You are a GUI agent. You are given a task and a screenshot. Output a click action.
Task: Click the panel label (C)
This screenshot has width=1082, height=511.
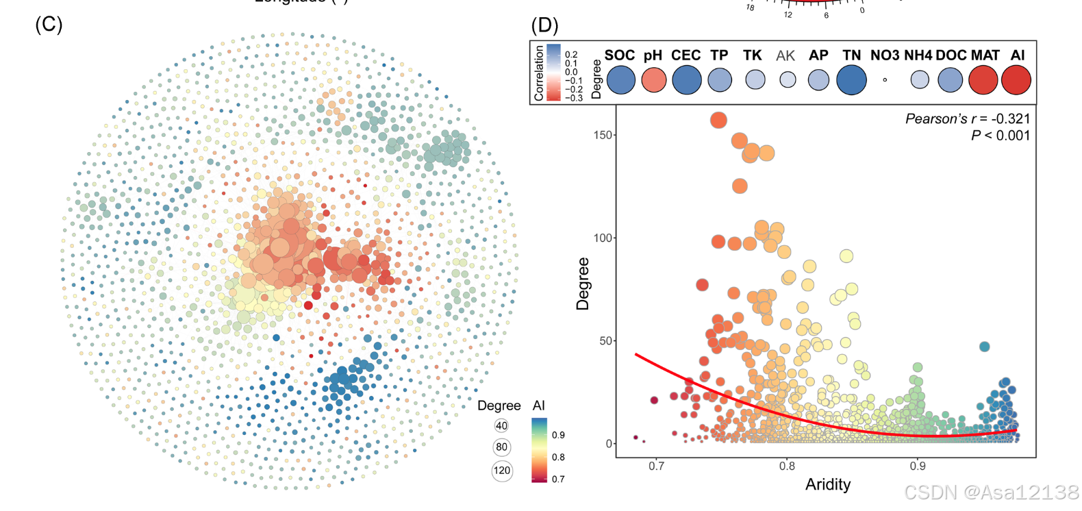pyautogui.click(x=49, y=25)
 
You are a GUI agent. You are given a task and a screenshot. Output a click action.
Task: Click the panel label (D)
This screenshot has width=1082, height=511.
pyautogui.click(x=544, y=25)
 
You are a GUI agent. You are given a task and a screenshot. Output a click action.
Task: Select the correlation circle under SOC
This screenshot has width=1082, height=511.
pyautogui.click(x=620, y=79)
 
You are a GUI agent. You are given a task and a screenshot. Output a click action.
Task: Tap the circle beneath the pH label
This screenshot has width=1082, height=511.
pyautogui.click(x=653, y=79)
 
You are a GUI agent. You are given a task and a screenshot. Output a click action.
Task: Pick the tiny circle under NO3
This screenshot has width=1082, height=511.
pyautogui.click(x=885, y=80)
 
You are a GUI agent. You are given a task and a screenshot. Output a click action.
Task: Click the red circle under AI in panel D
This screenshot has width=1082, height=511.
pyautogui.click(x=1016, y=79)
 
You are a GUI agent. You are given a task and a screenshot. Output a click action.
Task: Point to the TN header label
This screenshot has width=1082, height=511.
pyautogui.click(x=851, y=55)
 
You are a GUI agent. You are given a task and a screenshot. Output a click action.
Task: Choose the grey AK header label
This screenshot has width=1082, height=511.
pyautogui.click(x=785, y=56)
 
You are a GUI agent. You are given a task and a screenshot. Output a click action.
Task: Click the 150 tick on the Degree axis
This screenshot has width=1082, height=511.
pyautogui.click(x=603, y=135)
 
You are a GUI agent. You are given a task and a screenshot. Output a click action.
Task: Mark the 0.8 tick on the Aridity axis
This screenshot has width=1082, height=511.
pyautogui.click(x=787, y=466)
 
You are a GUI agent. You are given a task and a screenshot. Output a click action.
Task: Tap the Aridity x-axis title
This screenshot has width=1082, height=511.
pyautogui.click(x=827, y=485)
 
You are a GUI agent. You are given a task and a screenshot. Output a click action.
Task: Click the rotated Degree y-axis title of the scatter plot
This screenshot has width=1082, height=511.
pyautogui.click(x=583, y=284)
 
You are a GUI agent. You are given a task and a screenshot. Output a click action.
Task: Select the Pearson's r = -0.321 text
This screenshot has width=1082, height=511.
pyautogui.click(x=967, y=119)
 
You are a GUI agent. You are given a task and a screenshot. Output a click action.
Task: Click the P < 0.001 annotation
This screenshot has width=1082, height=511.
pyautogui.click(x=1000, y=136)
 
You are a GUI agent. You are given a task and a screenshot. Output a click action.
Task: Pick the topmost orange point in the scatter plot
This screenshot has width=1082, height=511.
pyautogui.click(x=718, y=120)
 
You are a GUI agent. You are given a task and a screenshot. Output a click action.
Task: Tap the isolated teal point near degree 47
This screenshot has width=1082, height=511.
pyautogui.click(x=984, y=347)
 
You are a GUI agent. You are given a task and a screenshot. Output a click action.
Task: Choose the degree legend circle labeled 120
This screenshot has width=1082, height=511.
pyautogui.click(x=502, y=471)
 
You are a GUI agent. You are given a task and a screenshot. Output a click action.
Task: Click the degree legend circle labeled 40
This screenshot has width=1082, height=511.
pyautogui.click(x=501, y=426)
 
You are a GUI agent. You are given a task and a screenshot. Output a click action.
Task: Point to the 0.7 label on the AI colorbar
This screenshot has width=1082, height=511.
pyautogui.click(x=558, y=479)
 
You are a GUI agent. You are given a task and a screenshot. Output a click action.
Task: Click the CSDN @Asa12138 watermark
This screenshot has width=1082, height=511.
pyautogui.click(x=990, y=492)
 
